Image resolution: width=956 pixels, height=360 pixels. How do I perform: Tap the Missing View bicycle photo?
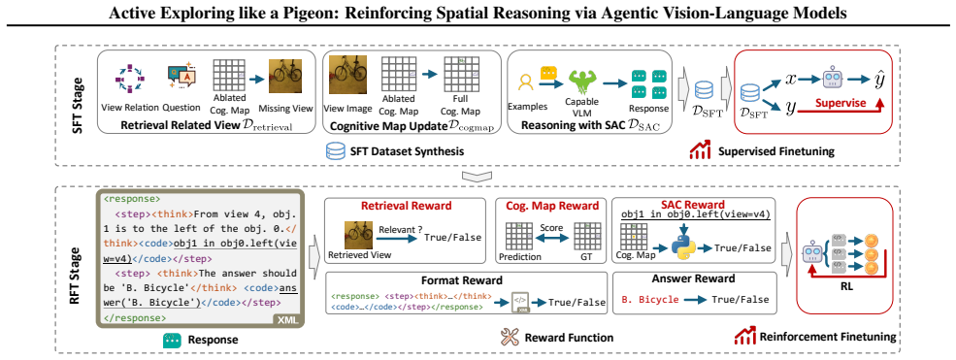click(286, 76)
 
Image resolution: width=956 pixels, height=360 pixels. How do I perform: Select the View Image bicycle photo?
click(347, 73)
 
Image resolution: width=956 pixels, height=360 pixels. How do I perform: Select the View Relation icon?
click(129, 80)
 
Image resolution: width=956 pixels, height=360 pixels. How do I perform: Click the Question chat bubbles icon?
click(181, 78)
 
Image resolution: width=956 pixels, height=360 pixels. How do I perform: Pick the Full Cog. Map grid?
click(460, 75)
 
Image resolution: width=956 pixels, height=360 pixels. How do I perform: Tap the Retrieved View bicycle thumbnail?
click(359, 234)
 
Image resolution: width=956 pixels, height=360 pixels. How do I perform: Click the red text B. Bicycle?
click(649, 299)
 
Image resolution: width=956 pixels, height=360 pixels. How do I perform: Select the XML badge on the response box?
click(286, 319)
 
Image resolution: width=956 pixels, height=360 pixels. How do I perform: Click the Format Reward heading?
click(462, 280)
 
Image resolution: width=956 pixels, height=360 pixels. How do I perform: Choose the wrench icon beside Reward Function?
click(509, 337)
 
